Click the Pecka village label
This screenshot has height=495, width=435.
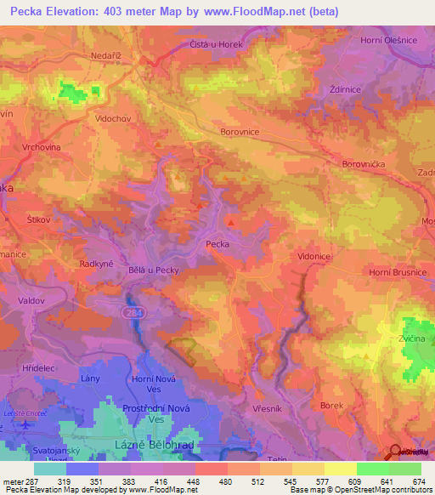click(x=218, y=244)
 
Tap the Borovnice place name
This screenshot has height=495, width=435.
click(x=240, y=133)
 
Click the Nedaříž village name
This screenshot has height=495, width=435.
click(x=108, y=52)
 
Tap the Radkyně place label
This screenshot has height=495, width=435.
click(x=98, y=264)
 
